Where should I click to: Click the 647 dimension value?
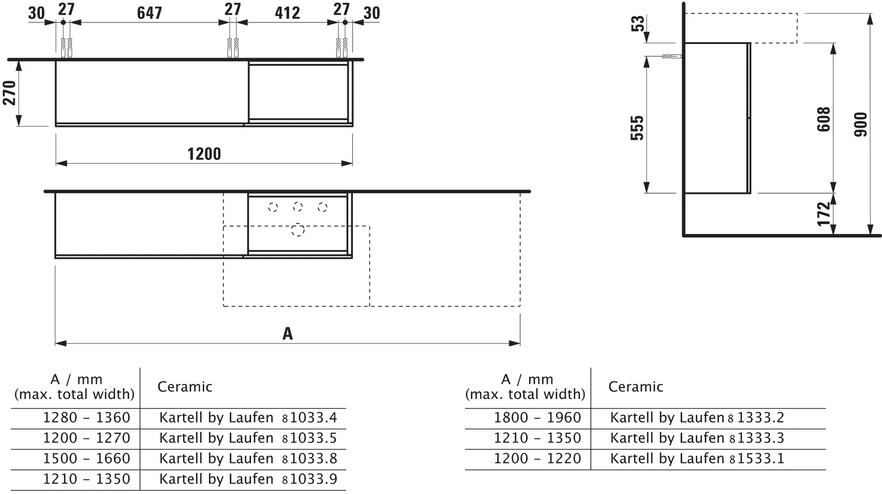point(149,13)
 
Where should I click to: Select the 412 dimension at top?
point(287,13)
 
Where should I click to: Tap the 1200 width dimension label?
point(204,154)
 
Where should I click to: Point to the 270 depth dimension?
point(9,93)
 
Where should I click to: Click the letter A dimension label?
point(287,333)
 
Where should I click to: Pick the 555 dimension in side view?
point(637,127)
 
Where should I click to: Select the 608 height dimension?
point(823,119)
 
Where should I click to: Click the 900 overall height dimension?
point(860,124)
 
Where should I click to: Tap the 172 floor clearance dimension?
point(823,214)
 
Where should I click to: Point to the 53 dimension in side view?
point(638,23)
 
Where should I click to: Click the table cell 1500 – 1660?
point(87,458)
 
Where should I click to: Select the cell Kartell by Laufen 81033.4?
point(248,417)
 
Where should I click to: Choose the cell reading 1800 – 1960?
point(537,417)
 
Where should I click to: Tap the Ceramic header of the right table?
point(635,387)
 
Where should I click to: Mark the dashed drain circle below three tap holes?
point(297,230)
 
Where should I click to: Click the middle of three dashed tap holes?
point(298,207)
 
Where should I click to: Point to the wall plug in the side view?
point(671,56)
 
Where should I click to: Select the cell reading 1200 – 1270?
point(87,438)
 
